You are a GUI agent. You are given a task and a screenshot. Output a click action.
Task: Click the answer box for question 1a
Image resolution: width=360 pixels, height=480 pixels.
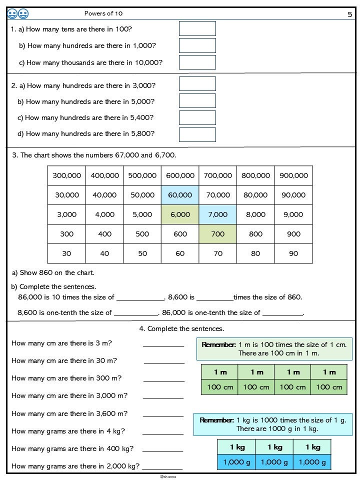coord(197,28)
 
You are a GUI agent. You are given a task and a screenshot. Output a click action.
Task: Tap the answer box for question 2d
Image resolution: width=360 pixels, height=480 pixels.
coord(197,134)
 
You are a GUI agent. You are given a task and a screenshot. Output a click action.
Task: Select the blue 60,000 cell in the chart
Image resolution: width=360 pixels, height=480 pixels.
coord(180,195)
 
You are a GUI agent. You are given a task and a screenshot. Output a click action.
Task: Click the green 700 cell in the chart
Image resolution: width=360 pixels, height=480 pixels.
coord(217,234)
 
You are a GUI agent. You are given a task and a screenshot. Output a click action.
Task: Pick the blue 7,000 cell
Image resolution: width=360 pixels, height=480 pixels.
coord(217,214)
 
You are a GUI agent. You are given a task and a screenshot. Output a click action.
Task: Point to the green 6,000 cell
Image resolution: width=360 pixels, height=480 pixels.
coord(180,214)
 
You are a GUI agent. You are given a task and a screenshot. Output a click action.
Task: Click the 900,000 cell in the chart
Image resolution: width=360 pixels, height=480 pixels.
coord(293,175)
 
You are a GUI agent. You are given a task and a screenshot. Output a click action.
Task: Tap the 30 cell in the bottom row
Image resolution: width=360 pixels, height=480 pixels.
coord(66,253)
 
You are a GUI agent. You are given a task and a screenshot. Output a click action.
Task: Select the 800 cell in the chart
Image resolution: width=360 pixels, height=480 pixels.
coord(255,234)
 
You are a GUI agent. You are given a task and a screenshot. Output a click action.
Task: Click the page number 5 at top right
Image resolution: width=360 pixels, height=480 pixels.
coord(349,14)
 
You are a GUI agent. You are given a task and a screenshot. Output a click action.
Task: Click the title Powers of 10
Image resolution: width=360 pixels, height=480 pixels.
coord(103,13)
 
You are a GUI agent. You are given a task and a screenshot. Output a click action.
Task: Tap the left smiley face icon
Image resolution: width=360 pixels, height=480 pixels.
coord(12,14)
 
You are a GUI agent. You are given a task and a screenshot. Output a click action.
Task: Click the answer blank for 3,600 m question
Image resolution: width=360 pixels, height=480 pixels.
coord(163,414)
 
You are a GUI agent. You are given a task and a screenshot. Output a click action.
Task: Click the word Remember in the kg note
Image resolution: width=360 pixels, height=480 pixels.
coord(216,420)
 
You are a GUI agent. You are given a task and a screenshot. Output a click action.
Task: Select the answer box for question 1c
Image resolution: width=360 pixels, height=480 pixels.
coord(197,62)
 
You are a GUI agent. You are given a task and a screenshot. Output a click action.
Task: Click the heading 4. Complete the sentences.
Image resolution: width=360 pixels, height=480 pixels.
coord(181,328)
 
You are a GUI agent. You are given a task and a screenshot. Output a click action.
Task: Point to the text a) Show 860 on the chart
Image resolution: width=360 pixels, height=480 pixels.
coord(53,273)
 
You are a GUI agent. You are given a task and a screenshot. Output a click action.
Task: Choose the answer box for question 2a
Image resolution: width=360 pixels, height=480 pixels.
coord(197,84)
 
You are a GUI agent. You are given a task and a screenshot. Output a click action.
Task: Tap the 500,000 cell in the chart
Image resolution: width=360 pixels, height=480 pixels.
coord(142,175)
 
